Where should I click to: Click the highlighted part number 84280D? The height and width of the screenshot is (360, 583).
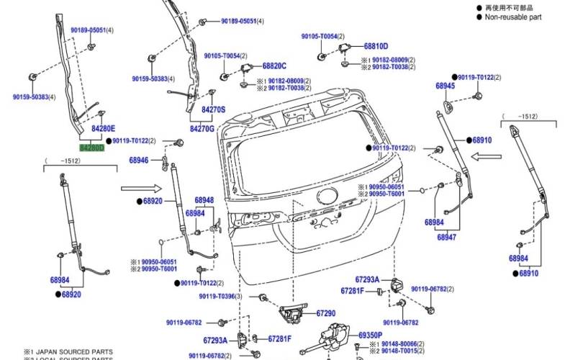[x=91, y=147]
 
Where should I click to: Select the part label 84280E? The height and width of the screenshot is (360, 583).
[x=92, y=128]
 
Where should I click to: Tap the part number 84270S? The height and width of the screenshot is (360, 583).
[x=213, y=110]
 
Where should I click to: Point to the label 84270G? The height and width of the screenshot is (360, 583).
[x=202, y=128]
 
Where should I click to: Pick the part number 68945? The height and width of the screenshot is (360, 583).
[x=445, y=86]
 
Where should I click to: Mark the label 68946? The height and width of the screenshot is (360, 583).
[x=140, y=160]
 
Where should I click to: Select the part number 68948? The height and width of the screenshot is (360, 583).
[x=204, y=200]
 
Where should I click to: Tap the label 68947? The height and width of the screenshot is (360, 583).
[x=446, y=237]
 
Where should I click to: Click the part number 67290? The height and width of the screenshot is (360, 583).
[x=325, y=313]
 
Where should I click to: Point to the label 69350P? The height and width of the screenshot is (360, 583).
[x=372, y=336]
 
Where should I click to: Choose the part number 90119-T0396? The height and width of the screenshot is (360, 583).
[x=219, y=297]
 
